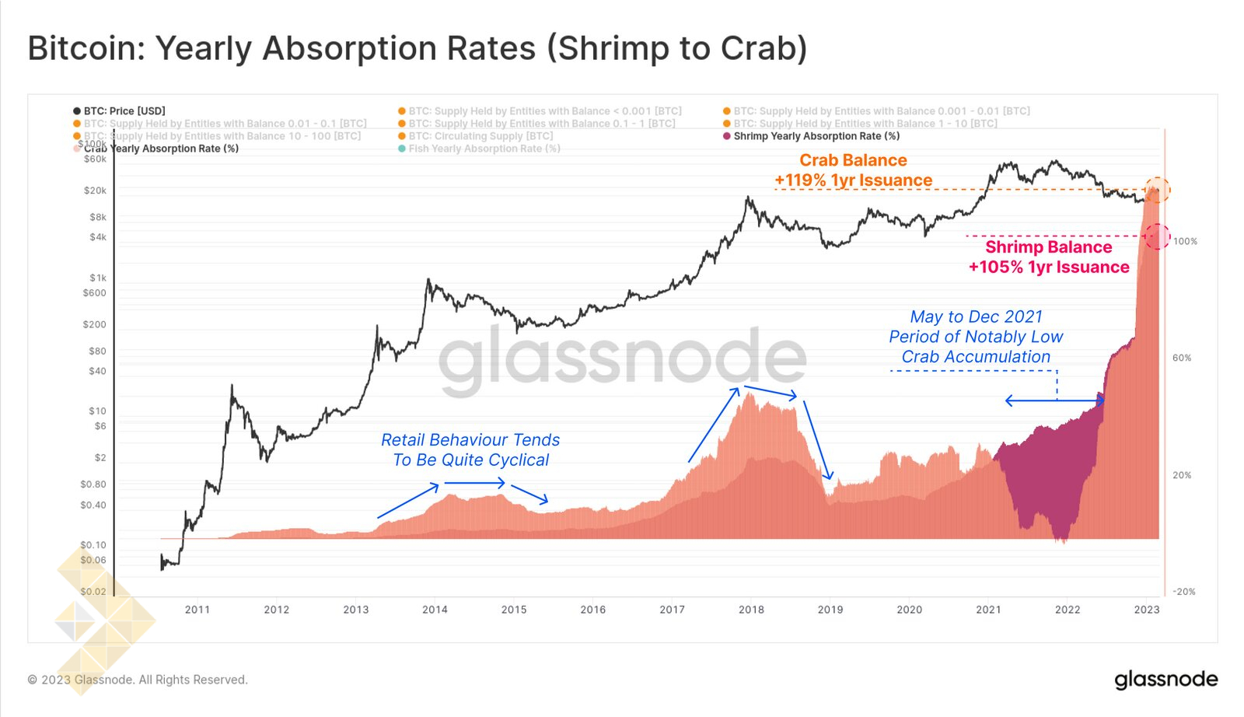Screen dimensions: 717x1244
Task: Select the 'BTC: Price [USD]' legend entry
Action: [x=124, y=111]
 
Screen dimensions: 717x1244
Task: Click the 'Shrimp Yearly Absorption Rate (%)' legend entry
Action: [x=816, y=136]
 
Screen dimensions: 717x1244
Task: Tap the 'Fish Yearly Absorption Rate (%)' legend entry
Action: [x=484, y=149]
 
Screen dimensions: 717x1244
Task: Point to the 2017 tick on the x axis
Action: [x=672, y=610]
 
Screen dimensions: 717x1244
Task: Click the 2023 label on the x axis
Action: [x=1146, y=610]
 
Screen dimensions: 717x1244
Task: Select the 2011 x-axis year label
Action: [x=197, y=610]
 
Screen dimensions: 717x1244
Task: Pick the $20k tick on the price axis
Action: [x=95, y=191]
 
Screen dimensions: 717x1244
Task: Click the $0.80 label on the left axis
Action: [x=93, y=484]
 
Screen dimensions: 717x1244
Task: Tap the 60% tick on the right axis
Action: [x=1182, y=358]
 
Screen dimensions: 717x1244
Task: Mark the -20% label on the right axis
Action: [x=1184, y=592]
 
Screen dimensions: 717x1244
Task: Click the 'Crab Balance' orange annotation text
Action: [x=853, y=160]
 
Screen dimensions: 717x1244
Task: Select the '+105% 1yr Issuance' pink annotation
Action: [x=1048, y=268]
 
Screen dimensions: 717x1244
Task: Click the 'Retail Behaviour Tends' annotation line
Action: [x=470, y=440]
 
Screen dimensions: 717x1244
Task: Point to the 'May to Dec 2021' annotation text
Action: [x=976, y=317]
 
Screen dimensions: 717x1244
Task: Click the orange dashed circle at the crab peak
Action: [x=1157, y=189]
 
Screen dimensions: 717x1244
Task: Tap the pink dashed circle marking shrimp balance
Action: [x=1158, y=236]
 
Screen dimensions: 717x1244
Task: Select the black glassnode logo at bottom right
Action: [x=1165, y=680]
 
